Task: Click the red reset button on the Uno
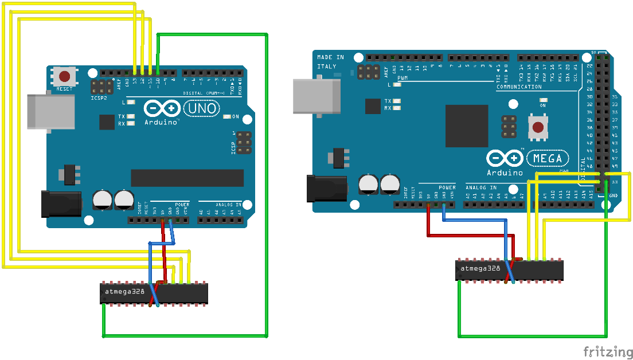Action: point(65,76)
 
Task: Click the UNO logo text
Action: point(201,108)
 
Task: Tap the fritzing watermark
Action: point(608,351)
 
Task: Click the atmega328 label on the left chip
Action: point(125,292)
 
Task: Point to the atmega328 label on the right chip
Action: point(480,268)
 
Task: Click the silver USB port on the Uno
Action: point(52,111)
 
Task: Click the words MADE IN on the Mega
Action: point(331,57)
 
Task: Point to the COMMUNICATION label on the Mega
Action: point(519,87)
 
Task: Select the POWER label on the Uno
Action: point(182,204)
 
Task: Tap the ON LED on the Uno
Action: point(228,116)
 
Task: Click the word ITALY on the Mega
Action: point(326,66)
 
